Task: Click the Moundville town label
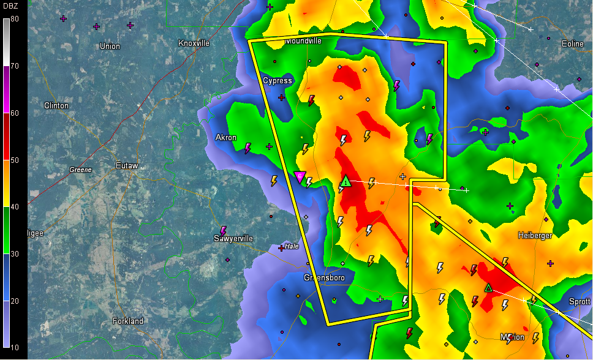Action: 312,42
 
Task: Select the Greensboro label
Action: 324,278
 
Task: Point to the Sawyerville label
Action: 233,239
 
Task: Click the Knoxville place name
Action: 194,43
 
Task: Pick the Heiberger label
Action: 535,235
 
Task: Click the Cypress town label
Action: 278,81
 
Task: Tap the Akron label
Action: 226,138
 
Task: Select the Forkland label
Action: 128,321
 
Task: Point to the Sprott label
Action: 580,302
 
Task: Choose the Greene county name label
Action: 80,170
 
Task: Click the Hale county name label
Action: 292,246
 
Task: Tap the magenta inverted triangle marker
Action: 300,177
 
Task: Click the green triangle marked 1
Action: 346,181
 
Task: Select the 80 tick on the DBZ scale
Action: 15,19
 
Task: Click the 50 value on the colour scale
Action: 15,160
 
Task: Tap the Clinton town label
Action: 56,105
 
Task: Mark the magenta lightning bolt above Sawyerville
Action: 224,230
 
